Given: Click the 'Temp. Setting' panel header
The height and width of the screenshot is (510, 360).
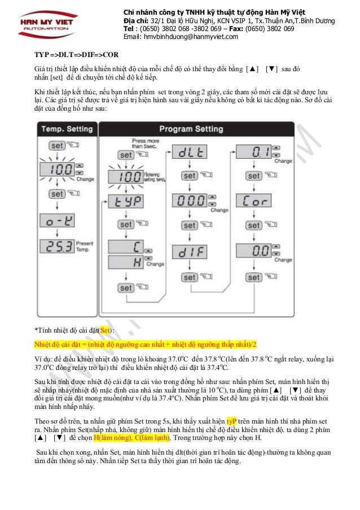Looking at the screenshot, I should point(67,129).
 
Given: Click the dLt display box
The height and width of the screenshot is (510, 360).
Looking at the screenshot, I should point(189,152).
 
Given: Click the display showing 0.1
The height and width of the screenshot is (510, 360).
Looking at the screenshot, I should point(252,152).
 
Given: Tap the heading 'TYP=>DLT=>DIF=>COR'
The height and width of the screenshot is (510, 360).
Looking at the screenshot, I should point(68,56).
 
